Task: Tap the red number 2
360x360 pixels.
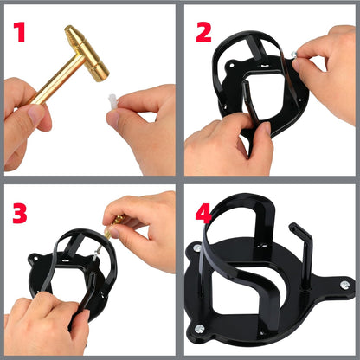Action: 204,33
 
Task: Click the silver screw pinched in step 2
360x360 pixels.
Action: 297,55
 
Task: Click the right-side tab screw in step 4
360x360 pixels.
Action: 344,285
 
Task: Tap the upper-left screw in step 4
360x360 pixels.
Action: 198,248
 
